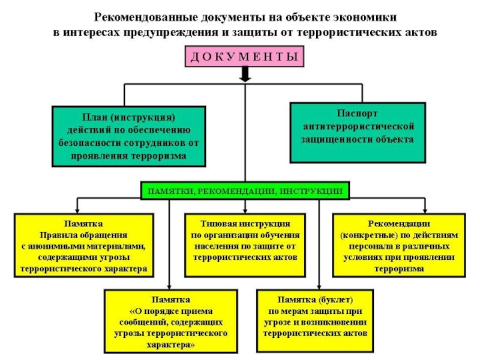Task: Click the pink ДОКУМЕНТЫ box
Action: pyautogui.click(x=244, y=58)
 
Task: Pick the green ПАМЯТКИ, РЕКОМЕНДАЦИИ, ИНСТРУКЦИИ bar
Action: pyautogui.click(x=245, y=191)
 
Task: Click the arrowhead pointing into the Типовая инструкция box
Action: pyautogui.click(x=245, y=211)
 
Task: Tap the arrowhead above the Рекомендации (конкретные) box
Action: pyautogui.click(x=424, y=211)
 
